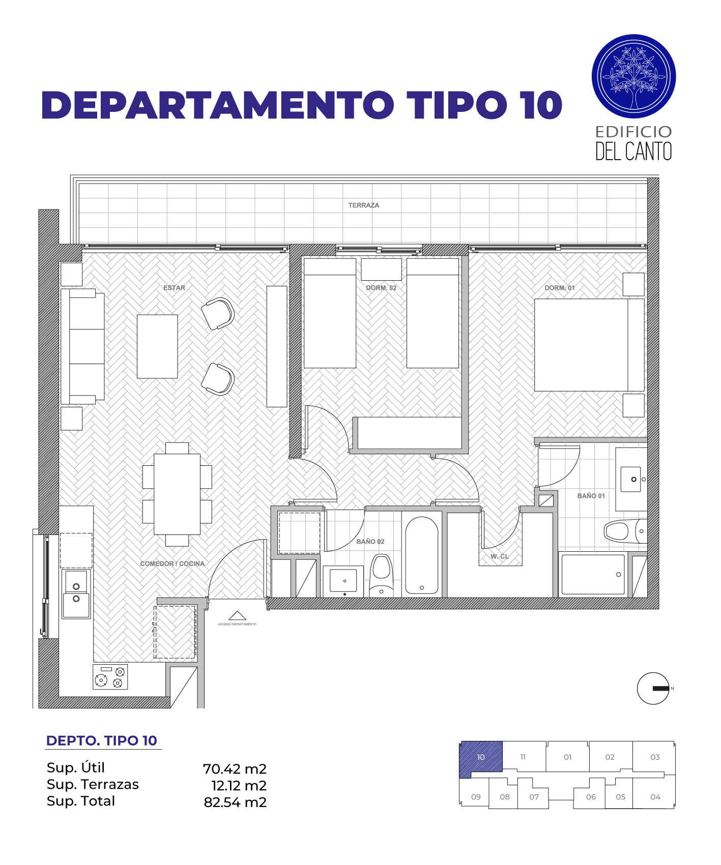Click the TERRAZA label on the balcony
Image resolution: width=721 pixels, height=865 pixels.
(363, 205)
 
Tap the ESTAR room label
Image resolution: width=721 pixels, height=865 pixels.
(174, 288)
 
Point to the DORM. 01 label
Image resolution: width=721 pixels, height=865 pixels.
(559, 288)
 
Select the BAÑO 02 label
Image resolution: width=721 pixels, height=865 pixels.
(370, 542)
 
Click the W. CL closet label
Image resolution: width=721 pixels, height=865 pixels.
(499, 556)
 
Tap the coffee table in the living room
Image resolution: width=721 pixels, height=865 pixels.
(157, 346)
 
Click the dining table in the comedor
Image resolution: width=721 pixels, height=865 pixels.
(177, 494)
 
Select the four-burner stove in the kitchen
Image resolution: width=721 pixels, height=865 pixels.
(110, 677)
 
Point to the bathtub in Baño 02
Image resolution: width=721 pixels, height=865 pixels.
(421, 555)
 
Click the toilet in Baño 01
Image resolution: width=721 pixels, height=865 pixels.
(625, 531)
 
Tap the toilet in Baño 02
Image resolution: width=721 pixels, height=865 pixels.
(381, 575)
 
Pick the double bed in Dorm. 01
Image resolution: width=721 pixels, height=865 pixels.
(589, 345)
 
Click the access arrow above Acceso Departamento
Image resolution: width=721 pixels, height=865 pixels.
(237, 616)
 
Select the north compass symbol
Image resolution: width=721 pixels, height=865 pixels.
(653, 689)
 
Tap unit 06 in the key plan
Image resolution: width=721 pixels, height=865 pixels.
(590, 797)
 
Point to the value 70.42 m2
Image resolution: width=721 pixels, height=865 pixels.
(235, 769)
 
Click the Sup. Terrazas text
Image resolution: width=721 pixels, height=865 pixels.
(93, 785)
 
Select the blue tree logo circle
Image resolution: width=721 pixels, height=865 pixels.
(633, 77)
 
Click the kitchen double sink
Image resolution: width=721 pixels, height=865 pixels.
(76, 593)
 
